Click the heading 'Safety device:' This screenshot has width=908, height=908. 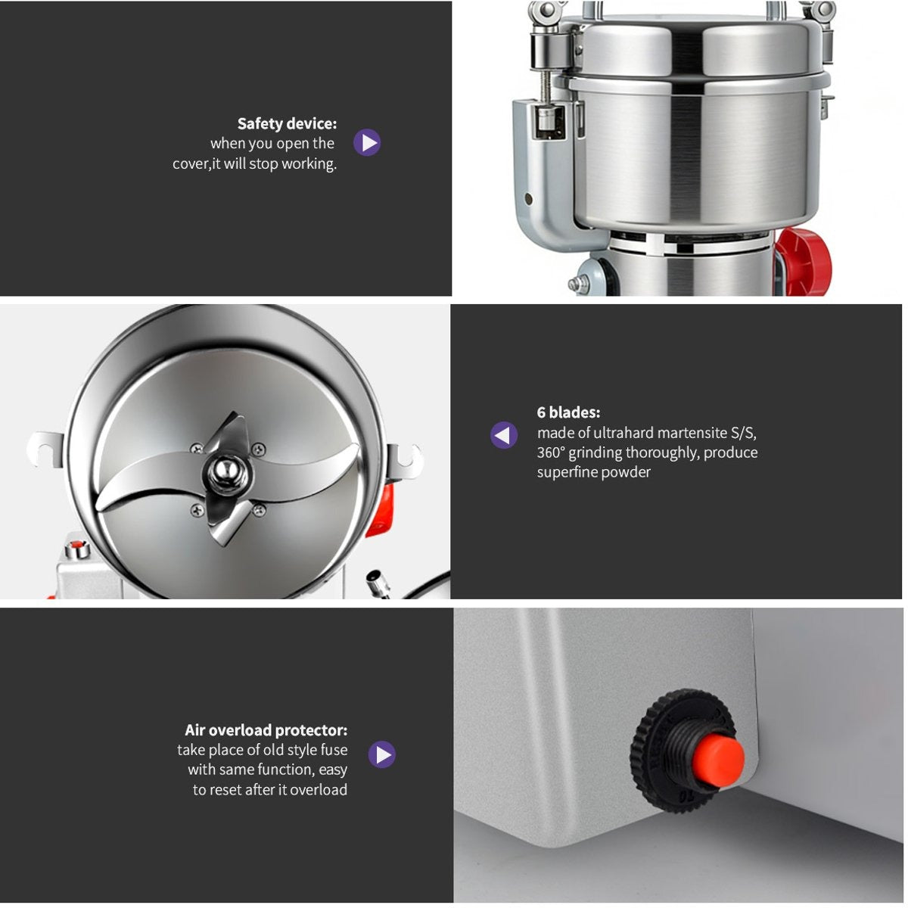287,123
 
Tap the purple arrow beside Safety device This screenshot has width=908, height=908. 367,142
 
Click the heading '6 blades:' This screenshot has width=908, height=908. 568,412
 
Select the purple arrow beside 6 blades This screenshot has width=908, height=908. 504,435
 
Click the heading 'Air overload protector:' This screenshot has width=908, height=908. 266,730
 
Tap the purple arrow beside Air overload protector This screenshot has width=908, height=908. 382,754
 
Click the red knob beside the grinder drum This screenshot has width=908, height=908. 804,261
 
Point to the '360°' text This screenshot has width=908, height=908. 550,452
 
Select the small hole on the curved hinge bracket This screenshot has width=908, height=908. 529,200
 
